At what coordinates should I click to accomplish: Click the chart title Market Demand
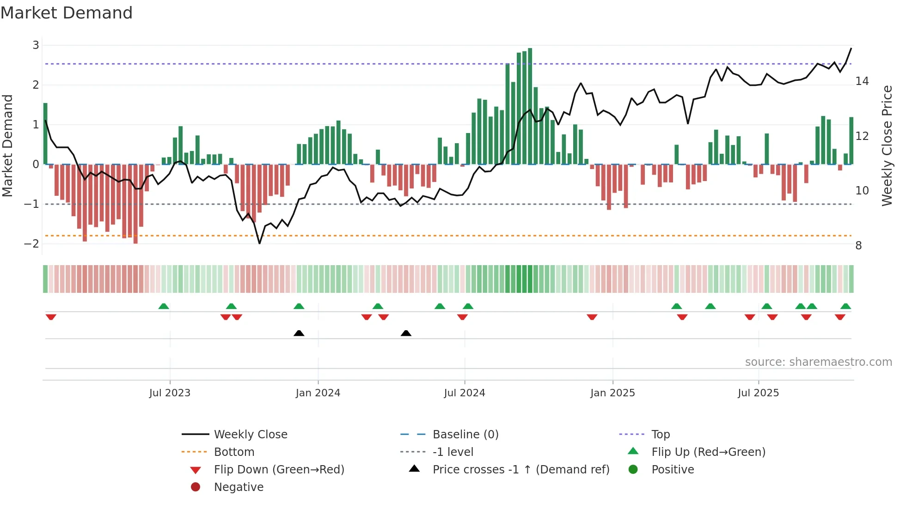click(67, 13)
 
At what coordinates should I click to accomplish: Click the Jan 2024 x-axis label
click(318, 393)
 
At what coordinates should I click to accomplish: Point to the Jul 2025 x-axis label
click(758, 393)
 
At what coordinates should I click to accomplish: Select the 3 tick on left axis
click(36, 45)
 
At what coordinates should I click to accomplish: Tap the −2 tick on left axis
click(32, 244)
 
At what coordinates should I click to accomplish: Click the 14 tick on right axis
click(862, 81)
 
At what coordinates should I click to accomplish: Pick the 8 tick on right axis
click(858, 246)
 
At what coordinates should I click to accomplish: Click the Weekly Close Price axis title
click(887, 145)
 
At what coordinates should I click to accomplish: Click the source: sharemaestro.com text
click(818, 362)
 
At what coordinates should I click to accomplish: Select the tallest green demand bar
click(530, 106)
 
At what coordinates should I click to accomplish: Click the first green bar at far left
click(45, 134)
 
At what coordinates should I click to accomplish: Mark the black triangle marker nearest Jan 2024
click(299, 333)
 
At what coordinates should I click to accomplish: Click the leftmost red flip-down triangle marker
click(51, 317)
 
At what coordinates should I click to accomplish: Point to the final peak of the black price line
click(851, 48)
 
